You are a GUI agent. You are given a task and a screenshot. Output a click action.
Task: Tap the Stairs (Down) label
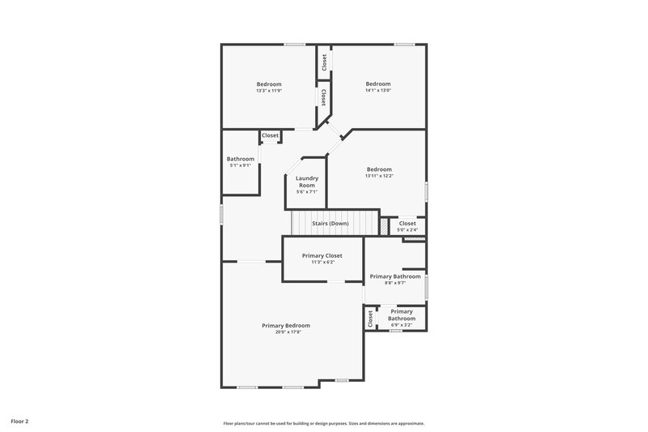point(330,223)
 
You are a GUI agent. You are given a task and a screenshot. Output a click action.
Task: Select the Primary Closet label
point(322,255)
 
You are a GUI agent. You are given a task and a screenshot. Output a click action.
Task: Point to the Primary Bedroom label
point(286,325)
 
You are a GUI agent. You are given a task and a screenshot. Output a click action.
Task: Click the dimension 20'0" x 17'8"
point(286,331)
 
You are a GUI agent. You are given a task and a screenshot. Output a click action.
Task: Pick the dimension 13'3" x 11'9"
point(269,91)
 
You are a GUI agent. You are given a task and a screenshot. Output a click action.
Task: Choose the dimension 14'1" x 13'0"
point(378,90)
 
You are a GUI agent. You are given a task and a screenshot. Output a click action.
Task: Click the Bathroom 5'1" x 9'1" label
point(241,159)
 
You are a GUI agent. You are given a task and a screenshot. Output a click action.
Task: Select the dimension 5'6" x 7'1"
point(307,192)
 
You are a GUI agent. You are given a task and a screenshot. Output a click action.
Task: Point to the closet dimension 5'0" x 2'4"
point(407,230)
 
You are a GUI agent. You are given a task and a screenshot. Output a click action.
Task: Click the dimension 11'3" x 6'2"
point(322,262)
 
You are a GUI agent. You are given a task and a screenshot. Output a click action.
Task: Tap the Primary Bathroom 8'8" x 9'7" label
point(395,276)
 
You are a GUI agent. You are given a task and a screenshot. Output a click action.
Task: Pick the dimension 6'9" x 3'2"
point(402,325)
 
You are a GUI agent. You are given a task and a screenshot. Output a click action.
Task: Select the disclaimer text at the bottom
point(324,423)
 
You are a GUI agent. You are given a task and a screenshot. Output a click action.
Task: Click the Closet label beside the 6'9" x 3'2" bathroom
point(370,319)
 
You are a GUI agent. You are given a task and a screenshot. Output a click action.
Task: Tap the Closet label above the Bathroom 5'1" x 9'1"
point(270,135)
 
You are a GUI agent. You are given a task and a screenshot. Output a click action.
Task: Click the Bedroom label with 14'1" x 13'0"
point(378,83)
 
